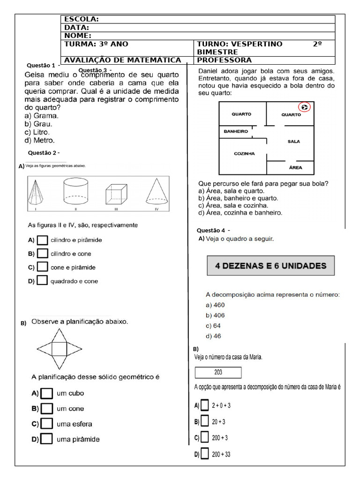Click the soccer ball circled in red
305,108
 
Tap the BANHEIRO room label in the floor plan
236,132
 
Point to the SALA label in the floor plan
294,141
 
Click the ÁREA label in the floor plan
295,167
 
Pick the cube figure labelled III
115,195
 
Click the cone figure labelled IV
157,193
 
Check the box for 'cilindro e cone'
42,254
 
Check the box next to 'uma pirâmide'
46,439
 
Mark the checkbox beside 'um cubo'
46,393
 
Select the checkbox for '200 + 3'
204,437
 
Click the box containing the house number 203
218,373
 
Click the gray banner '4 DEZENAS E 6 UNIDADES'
270,265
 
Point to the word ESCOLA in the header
81,19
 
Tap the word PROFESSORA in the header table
225,60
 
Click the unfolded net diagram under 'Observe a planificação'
59,348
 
